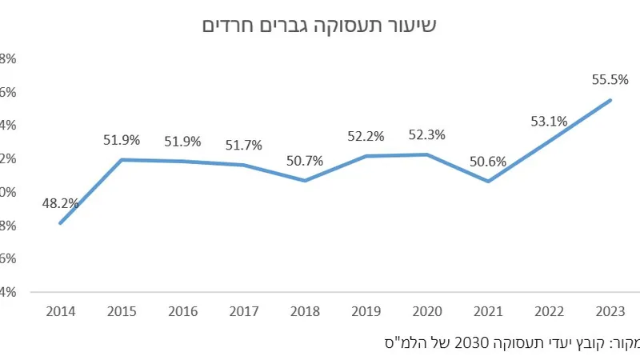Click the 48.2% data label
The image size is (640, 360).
tap(61, 203)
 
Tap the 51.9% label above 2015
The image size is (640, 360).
tap(122, 140)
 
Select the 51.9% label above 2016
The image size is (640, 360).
tap(183, 141)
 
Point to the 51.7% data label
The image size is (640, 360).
tap(245, 145)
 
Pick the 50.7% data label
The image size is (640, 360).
tap(305, 161)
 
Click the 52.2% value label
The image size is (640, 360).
tap(366, 136)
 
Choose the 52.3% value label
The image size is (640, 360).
tap(427, 134)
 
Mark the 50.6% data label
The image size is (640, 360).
tap(487, 162)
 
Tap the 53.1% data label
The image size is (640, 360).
tap(549, 122)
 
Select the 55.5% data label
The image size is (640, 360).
tap(610, 79)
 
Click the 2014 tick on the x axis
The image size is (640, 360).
tap(61, 311)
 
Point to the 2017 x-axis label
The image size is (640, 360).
tap(244, 311)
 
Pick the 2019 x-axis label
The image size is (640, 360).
tap(366, 311)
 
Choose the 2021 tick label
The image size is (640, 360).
tap(488, 311)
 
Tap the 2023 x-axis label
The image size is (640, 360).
tap(610, 311)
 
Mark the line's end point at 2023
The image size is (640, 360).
tap(610, 100)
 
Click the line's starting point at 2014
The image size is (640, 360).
tap(61, 222)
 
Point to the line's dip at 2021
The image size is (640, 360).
tap(488, 181)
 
